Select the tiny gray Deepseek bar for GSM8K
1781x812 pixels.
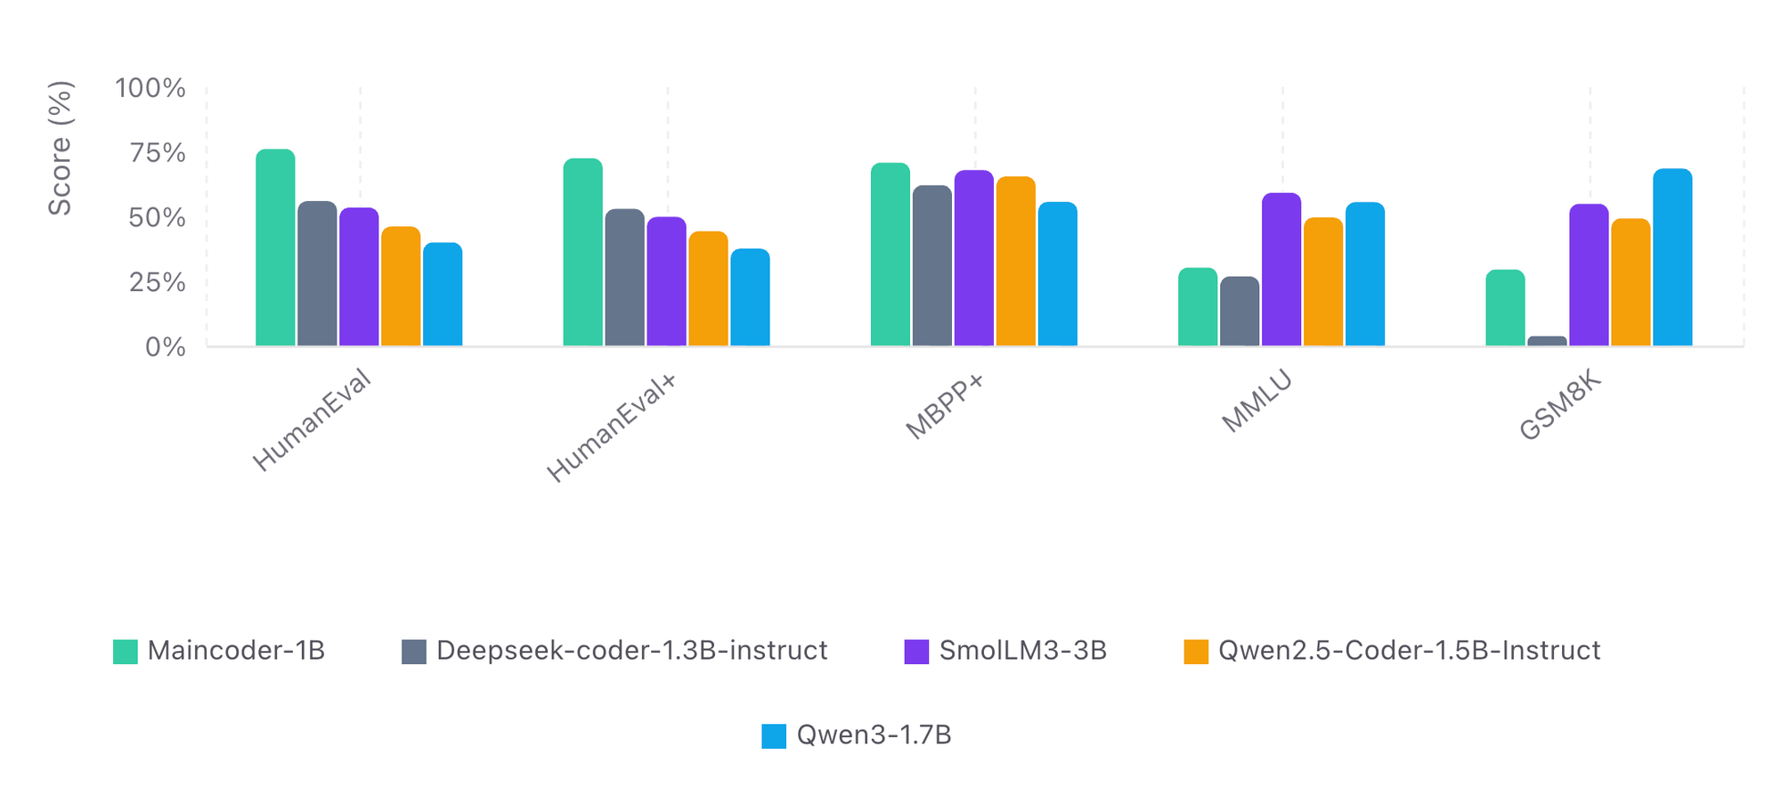(1547, 341)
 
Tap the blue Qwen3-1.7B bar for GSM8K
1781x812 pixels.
(1672, 257)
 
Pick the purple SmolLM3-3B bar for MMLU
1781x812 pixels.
(1281, 270)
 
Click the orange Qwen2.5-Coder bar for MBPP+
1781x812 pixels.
(1016, 262)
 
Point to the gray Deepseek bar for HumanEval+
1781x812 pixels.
(624, 278)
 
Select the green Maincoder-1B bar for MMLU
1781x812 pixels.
(1198, 307)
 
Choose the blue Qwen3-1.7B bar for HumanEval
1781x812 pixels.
(443, 295)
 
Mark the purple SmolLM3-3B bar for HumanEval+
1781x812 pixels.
(666, 281)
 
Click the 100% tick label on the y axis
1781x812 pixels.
(150, 88)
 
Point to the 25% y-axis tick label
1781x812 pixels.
(158, 283)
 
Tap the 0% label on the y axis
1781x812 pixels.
(166, 347)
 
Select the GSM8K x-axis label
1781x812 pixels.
(1560, 406)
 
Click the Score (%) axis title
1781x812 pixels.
(60, 148)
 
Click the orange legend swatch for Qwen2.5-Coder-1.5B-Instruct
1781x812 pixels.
(1196, 652)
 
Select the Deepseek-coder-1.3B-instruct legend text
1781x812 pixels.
(631, 651)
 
